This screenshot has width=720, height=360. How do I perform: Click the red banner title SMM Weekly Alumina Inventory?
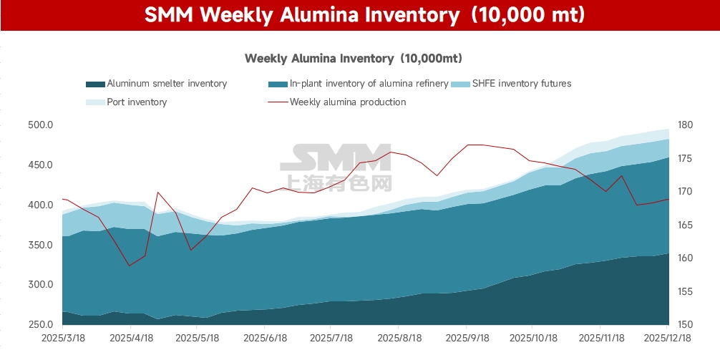pyautogui.click(x=359, y=15)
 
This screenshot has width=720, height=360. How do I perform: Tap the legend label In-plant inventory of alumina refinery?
pyautogui.click(x=369, y=84)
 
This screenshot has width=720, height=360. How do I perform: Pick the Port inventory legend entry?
pyautogui.click(x=136, y=102)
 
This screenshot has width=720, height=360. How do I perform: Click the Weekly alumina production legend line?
pyautogui.click(x=278, y=102)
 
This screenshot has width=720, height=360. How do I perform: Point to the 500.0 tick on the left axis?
pyautogui.click(x=41, y=125)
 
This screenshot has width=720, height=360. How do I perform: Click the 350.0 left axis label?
pyautogui.click(x=41, y=245)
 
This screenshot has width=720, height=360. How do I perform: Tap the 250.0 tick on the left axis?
pyautogui.click(x=41, y=325)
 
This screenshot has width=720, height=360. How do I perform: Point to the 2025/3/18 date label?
pyautogui.click(x=62, y=336)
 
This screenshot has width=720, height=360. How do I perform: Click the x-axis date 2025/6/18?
pyautogui.click(x=265, y=336)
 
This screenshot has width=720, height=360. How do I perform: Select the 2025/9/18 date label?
pyautogui.click(x=467, y=336)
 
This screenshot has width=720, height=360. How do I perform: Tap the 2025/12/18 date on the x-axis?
pyautogui.click(x=668, y=336)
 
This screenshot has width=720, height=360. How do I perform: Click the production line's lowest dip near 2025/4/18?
pyautogui.click(x=130, y=266)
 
